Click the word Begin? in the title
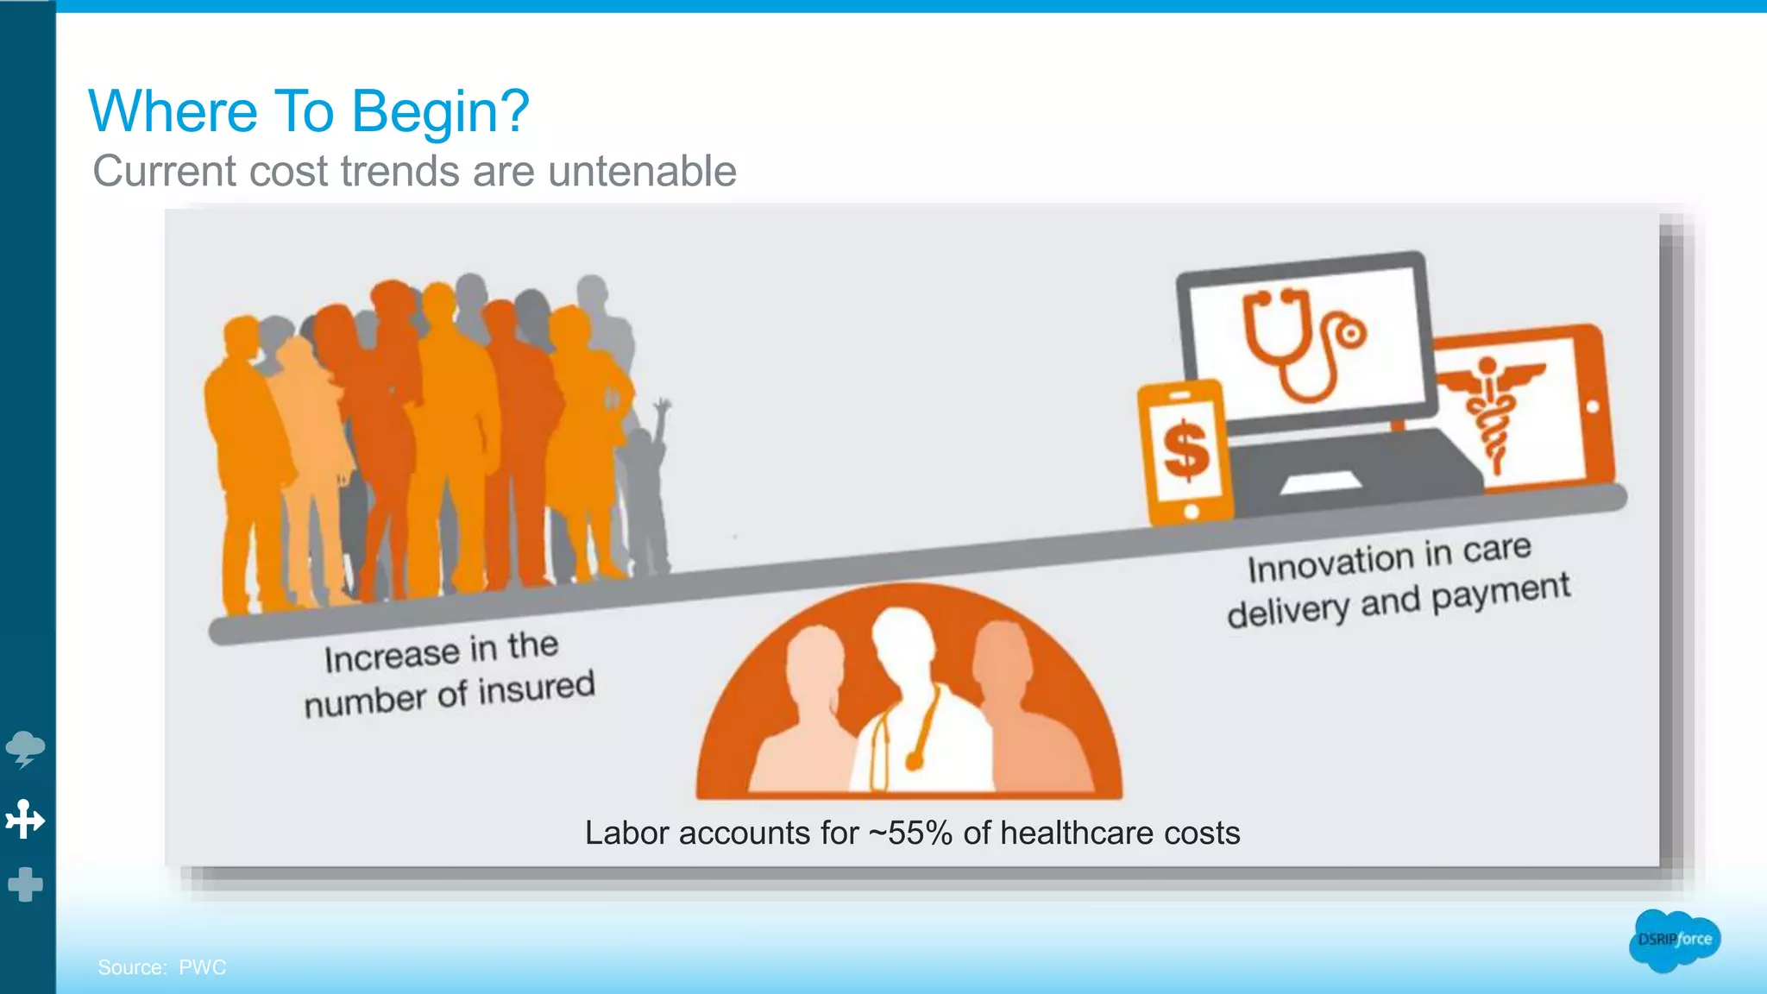point(440,112)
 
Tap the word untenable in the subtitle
point(642,171)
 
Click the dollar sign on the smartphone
point(1185,450)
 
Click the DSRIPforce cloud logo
point(1674,940)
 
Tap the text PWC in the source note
point(203,967)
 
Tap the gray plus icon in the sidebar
point(25,884)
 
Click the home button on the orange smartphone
point(1192,511)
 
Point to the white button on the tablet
point(1593,406)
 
